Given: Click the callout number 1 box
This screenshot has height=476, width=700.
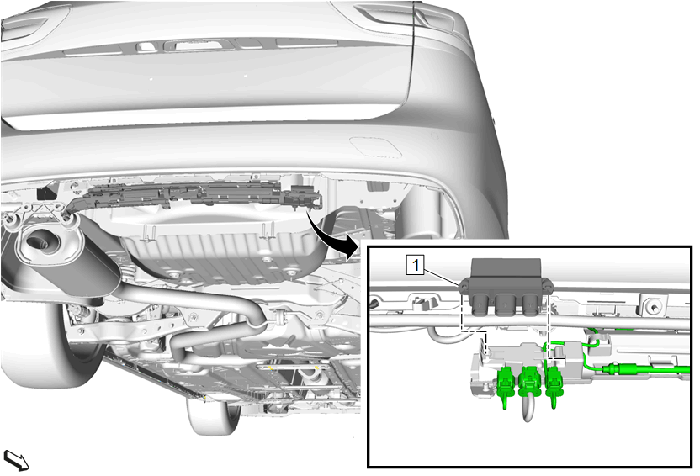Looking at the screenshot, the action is click(x=415, y=265).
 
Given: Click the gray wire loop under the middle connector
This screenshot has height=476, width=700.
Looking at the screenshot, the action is click(x=528, y=409).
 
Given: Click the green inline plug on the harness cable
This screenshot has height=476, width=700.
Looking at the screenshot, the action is click(x=618, y=369).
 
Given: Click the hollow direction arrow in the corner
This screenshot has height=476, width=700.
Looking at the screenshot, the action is click(x=16, y=460).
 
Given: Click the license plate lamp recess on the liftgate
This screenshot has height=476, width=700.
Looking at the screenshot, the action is click(x=198, y=45).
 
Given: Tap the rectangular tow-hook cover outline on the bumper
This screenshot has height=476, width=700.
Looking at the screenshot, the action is click(x=376, y=147).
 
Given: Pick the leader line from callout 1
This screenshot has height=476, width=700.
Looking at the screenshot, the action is click(x=441, y=277).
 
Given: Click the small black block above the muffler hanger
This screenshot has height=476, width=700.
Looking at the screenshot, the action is click(x=45, y=193).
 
